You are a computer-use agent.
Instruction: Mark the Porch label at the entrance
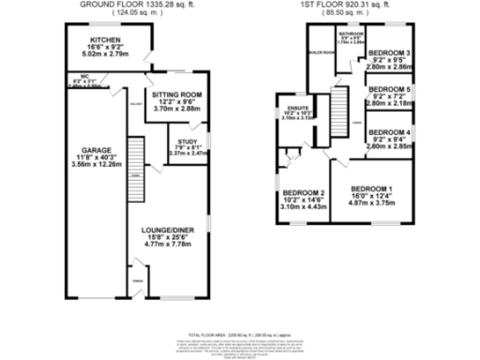(x=137, y=280)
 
